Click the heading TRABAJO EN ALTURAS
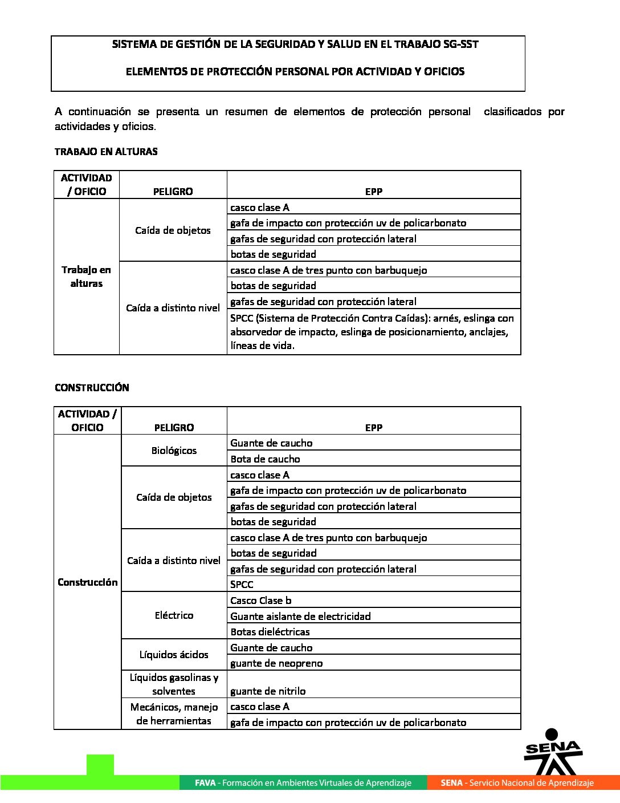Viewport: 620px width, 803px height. (106, 152)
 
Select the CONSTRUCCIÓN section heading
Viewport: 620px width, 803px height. (92, 388)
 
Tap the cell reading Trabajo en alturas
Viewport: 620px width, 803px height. (87, 277)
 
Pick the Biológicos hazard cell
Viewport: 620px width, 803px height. (174, 451)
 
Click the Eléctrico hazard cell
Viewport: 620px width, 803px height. (174, 615)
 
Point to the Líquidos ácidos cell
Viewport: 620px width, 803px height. (174, 655)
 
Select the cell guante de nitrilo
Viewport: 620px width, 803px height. (268, 691)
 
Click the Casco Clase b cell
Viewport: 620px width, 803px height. (260, 601)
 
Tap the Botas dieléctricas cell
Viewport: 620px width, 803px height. (270, 632)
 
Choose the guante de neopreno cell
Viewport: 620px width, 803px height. (276, 663)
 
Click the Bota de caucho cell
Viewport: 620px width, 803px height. (265, 459)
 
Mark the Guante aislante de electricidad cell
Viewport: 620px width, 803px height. (300, 617)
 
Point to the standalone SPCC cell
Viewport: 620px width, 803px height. (242, 585)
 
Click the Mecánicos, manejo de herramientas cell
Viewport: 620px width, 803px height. (174, 714)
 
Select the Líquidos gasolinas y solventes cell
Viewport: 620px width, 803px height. (174, 684)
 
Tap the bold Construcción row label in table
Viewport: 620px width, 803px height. (87, 582)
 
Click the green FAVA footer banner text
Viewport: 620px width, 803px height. (303, 783)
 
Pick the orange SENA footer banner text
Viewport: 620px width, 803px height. (517, 783)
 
